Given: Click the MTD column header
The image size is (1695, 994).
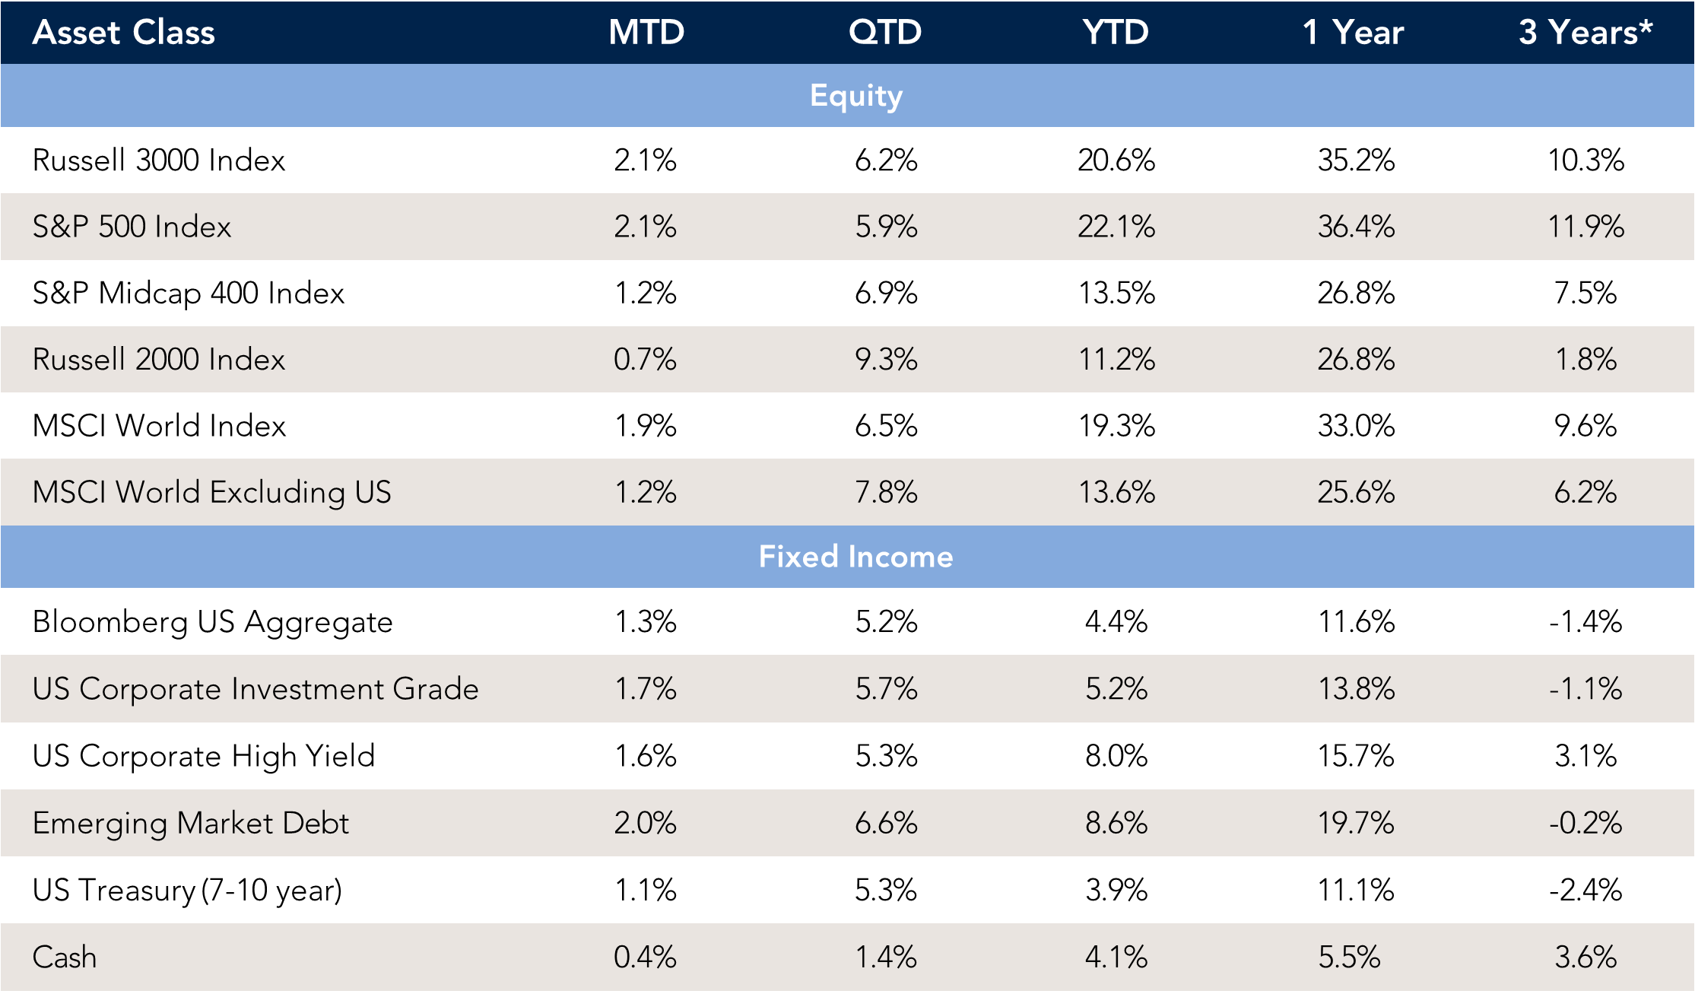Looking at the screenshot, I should pyautogui.click(x=646, y=32).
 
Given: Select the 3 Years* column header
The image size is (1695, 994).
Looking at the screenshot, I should pyautogui.click(x=1585, y=32).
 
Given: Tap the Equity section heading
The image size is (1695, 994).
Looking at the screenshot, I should pyautogui.click(x=856, y=96).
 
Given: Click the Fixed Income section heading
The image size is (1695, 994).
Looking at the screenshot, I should pyautogui.click(x=855, y=557).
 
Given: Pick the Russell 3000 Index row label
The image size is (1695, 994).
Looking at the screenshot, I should pyautogui.click(x=159, y=160).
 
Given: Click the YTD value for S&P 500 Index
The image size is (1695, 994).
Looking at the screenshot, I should pyautogui.click(x=1116, y=227).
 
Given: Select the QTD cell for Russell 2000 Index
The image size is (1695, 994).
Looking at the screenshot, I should pyautogui.click(x=886, y=359).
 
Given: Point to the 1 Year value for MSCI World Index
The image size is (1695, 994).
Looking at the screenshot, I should pyautogui.click(x=1356, y=426).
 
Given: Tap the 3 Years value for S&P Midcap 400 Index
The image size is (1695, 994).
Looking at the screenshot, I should pyautogui.click(x=1585, y=293).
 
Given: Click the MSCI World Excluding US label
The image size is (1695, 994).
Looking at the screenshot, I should pyautogui.click(x=211, y=492).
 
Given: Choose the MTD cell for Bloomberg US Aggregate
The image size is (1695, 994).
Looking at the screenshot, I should pyautogui.click(x=646, y=622).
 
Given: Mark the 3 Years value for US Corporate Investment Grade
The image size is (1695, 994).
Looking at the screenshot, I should pyautogui.click(x=1585, y=689).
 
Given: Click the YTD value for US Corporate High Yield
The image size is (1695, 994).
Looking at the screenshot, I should pyautogui.click(x=1116, y=756).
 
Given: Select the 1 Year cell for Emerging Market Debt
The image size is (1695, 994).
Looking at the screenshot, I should pyautogui.click(x=1356, y=823).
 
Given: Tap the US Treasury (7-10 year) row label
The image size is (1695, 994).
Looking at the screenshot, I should pyautogui.click(x=187, y=890).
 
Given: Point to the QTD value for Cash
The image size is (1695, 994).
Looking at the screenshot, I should pyautogui.click(x=886, y=957).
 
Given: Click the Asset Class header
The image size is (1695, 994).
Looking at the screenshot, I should pyautogui.click(x=124, y=32).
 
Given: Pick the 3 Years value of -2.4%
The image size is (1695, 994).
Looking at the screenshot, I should pyautogui.click(x=1585, y=890).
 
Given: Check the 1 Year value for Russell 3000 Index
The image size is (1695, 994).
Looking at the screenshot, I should pyautogui.click(x=1356, y=160).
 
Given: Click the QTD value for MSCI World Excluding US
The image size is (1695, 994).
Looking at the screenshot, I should pyautogui.click(x=886, y=492).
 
